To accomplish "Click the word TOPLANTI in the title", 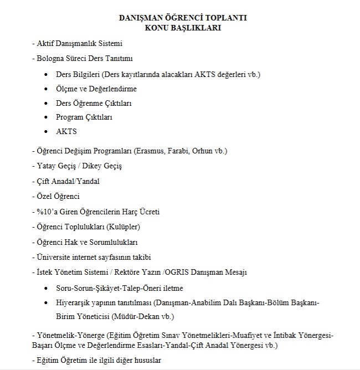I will [x=225, y=18].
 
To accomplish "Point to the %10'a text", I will [x=46, y=212].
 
